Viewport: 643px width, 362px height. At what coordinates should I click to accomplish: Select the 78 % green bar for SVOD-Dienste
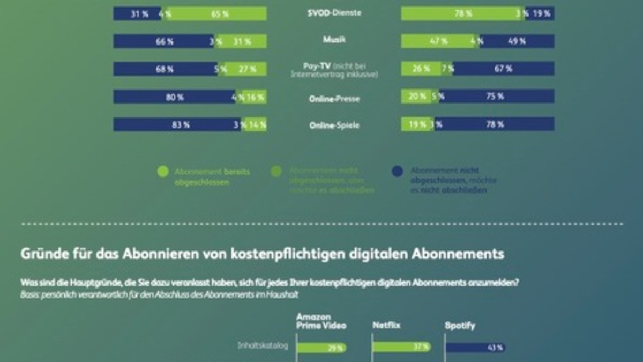(x=461, y=14)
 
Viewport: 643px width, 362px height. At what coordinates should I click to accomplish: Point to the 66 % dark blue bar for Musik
(x=163, y=41)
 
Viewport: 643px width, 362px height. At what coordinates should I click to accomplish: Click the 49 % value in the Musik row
(x=518, y=41)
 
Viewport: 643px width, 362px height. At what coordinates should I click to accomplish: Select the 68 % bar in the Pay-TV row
(x=165, y=69)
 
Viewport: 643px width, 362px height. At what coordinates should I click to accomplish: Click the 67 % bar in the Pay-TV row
(x=504, y=69)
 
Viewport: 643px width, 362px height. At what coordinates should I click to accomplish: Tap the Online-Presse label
(x=334, y=99)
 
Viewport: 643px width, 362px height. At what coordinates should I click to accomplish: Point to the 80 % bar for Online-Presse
(x=174, y=97)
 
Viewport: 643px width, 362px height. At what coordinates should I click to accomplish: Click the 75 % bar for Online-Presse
(x=496, y=97)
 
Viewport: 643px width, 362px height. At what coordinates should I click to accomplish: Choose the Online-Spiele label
(x=334, y=125)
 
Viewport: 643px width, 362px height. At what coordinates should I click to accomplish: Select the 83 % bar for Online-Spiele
(x=177, y=125)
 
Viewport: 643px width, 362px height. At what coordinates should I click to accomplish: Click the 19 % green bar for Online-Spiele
(x=416, y=124)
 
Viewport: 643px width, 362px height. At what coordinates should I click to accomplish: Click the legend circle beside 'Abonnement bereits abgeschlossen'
(x=163, y=172)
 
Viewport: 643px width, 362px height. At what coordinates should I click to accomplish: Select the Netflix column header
(x=386, y=326)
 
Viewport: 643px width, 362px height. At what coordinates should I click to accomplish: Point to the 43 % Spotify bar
(x=475, y=348)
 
